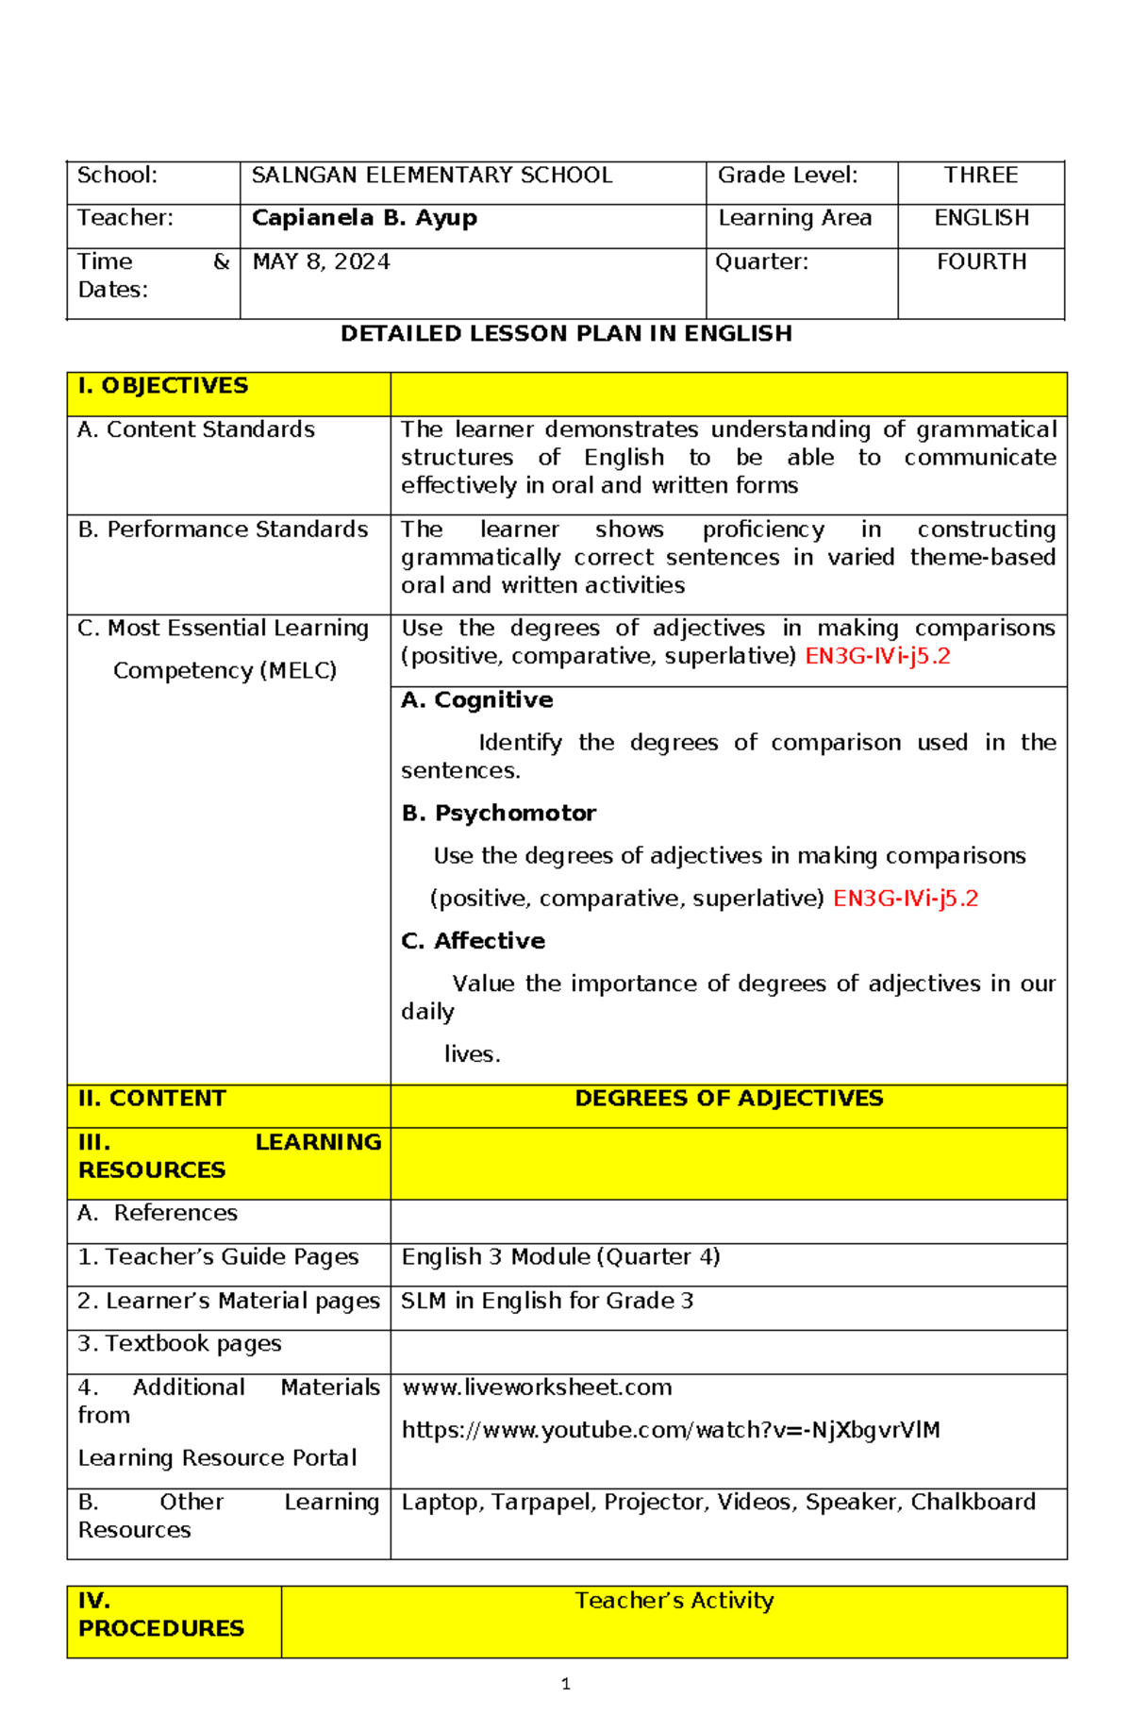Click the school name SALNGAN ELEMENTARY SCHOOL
[x=432, y=176]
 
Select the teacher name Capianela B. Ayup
[x=364, y=218]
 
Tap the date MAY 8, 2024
[x=321, y=262]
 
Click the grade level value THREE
[x=981, y=176]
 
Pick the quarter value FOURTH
[x=981, y=262]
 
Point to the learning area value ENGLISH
[x=981, y=218]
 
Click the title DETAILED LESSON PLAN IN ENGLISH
[x=566, y=334]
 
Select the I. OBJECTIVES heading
[x=163, y=386]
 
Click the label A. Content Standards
[x=196, y=429]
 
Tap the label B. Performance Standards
[x=223, y=530]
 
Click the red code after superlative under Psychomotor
[x=905, y=899]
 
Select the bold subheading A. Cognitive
[x=476, y=700]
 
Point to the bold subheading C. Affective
[x=473, y=941]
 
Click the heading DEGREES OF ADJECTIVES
[x=728, y=1099]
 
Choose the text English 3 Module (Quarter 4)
[x=560, y=1257]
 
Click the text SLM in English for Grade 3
[x=547, y=1302]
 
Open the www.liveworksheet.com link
[x=537, y=1387]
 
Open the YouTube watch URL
[x=671, y=1431]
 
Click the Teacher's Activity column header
[x=674, y=1601]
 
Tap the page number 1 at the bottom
[x=565, y=1684]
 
